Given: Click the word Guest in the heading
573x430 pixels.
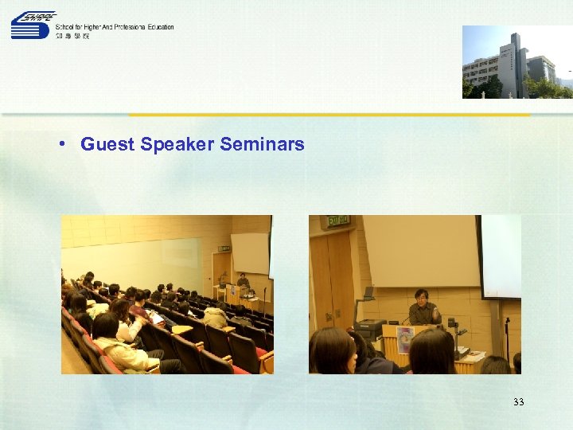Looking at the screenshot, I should pyautogui.click(x=107, y=144).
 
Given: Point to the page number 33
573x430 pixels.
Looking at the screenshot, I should pyautogui.click(x=519, y=402).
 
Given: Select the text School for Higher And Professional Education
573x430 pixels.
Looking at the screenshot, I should pyautogui.click(x=115, y=27).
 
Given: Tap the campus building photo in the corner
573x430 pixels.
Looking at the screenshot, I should pyautogui.click(x=516, y=61).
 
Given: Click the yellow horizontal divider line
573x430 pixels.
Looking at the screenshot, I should pyautogui.click(x=329, y=115).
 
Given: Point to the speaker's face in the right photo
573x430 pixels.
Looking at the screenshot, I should pyautogui.click(x=422, y=298).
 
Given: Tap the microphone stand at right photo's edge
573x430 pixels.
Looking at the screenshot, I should pyautogui.click(x=507, y=334).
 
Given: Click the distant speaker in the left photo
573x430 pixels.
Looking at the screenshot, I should pyautogui.click(x=243, y=281).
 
